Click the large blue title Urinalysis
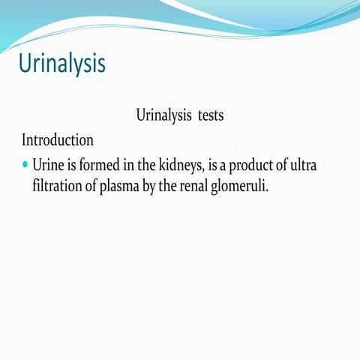pos(61,63)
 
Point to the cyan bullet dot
pos(25,163)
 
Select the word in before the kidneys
pos(128,164)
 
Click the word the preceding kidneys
pos(146,164)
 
